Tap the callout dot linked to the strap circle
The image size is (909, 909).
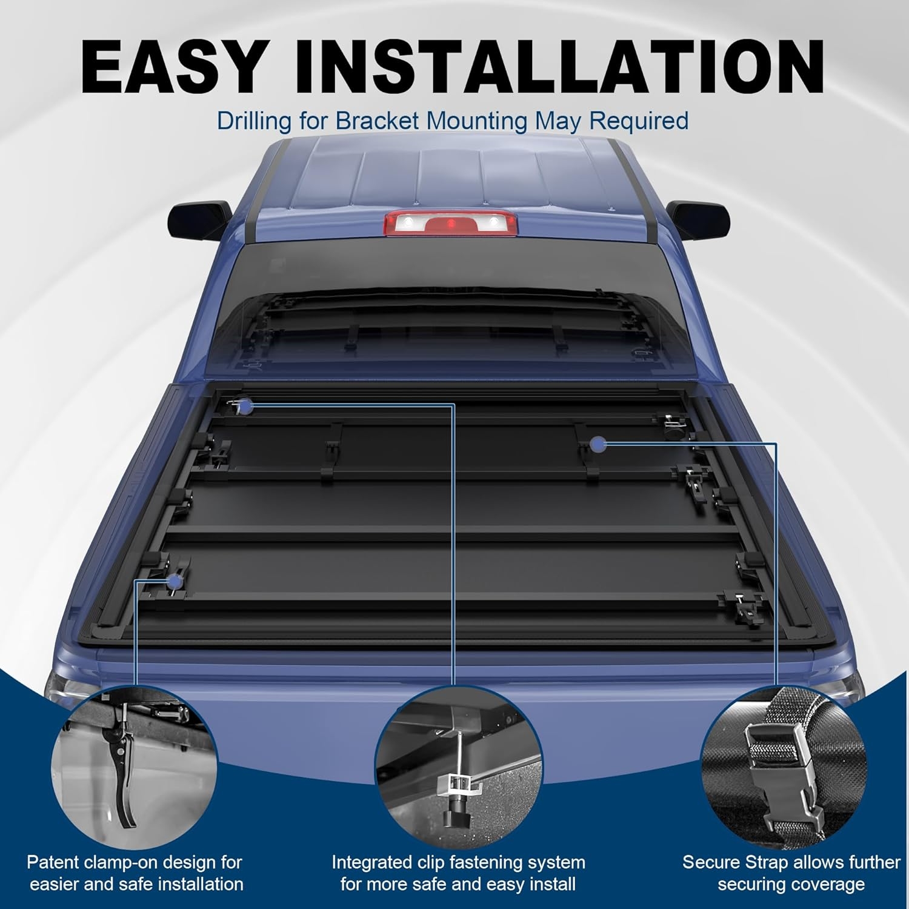tap(599, 445)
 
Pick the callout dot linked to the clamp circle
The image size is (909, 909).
tap(176, 582)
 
